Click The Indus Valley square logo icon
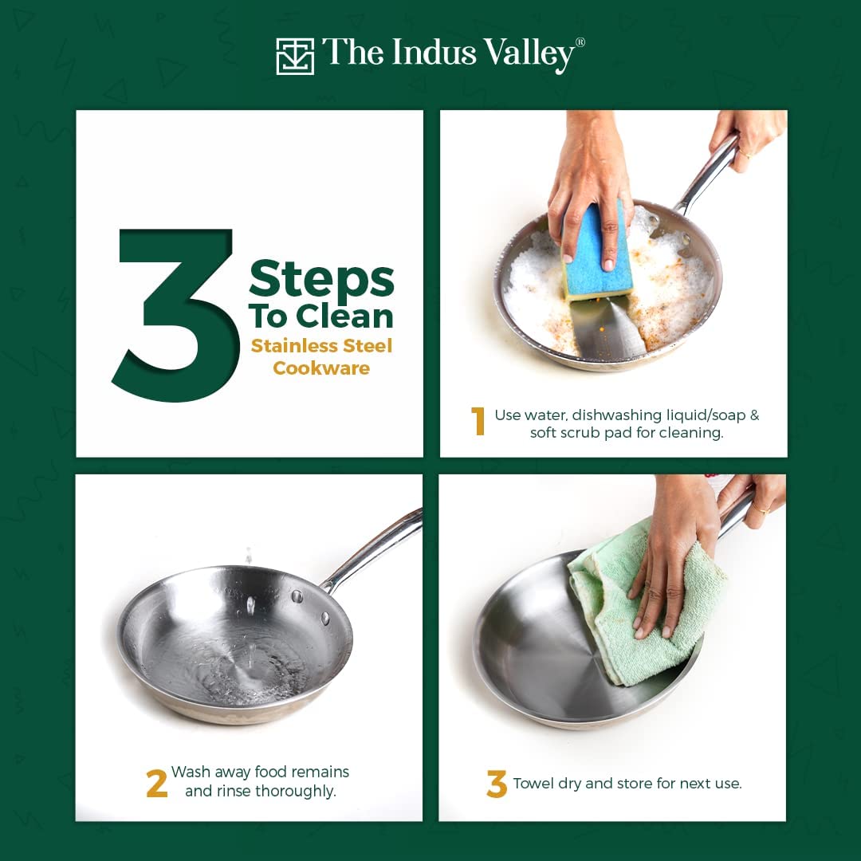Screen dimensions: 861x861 pyautogui.click(x=295, y=56)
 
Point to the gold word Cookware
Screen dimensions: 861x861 pyautogui.click(x=321, y=368)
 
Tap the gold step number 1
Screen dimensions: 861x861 pyautogui.click(x=479, y=421)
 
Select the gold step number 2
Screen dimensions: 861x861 pyautogui.click(x=156, y=783)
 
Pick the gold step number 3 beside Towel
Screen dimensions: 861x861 pyautogui.click(x=496, y=784)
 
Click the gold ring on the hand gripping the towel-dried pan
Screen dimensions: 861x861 pyautogui.click(x=761, y=509)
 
